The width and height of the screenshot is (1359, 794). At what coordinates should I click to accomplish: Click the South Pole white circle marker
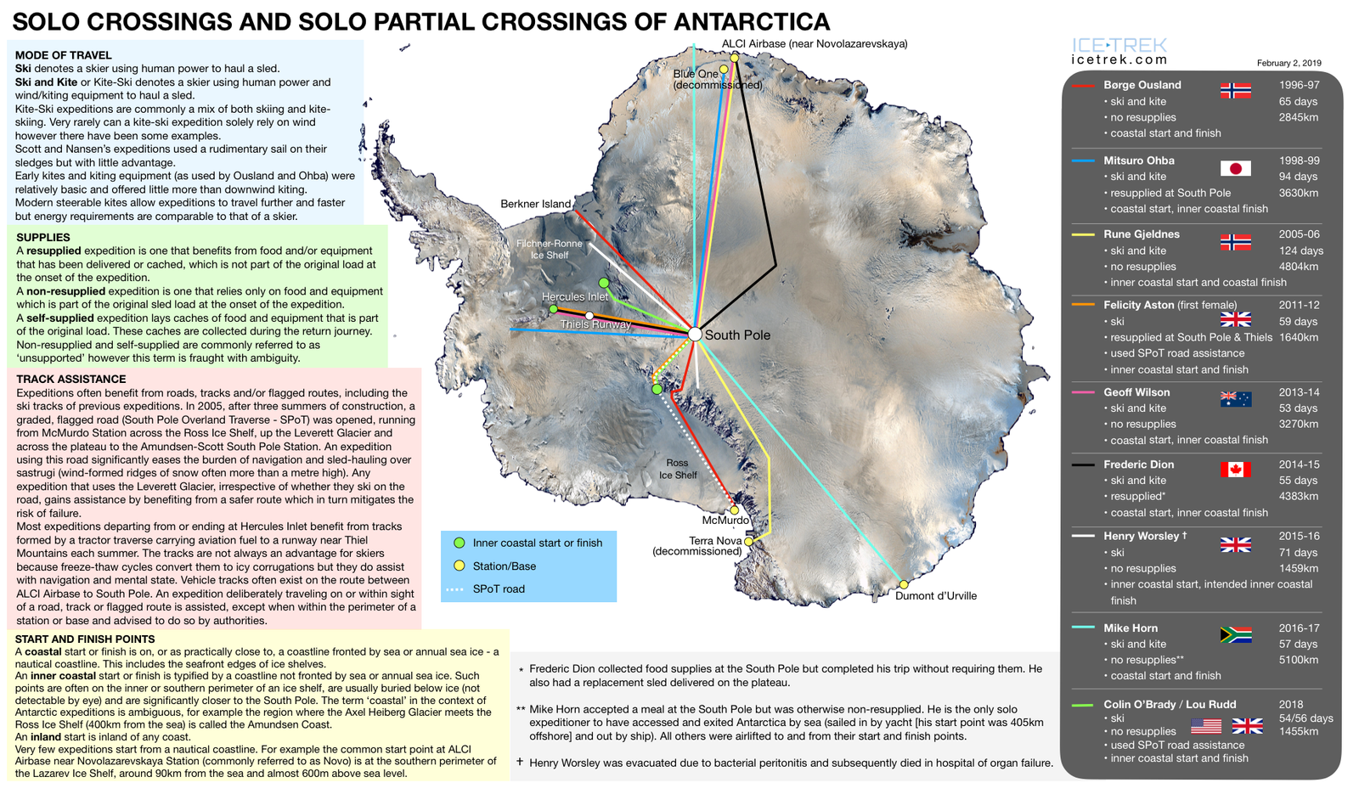pos(695,335)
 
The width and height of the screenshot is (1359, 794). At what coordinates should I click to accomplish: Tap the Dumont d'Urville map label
pos(935,596)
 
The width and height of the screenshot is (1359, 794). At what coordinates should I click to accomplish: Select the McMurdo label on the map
pos(725,521)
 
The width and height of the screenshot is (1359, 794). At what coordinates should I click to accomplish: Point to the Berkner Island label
pos(535,204)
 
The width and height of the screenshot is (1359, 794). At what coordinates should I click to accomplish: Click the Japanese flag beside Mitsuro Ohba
pos(1235,168)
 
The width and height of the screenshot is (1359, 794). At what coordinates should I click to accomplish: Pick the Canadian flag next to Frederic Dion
pos(1235,469)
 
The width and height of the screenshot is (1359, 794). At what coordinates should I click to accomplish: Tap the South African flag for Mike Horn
pos(1235,635)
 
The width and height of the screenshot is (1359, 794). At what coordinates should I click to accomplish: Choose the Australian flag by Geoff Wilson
pos(1235,398)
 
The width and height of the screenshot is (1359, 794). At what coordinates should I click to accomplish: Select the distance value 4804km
pos(1299,267)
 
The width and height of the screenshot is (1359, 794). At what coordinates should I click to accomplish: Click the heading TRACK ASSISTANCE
pos(71,380)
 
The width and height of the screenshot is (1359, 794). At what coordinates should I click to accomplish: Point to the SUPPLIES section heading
pos(43,238)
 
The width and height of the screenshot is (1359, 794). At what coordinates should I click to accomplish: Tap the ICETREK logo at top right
pos(1119,50)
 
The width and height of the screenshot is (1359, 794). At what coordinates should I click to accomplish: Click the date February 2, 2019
pos(1289,63)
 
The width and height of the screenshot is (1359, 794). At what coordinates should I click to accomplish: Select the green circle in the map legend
pos(459,543)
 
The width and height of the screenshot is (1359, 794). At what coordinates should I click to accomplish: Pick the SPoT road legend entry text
pos(499,588)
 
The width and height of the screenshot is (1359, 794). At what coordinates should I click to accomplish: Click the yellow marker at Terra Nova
pos(748,541)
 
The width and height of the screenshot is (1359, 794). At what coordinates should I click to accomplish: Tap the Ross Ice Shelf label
pos(678,469)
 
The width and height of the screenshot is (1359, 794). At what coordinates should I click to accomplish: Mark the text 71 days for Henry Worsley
pos(1298,553)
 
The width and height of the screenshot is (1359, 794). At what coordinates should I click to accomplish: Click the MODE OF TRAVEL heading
pos(63,55)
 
